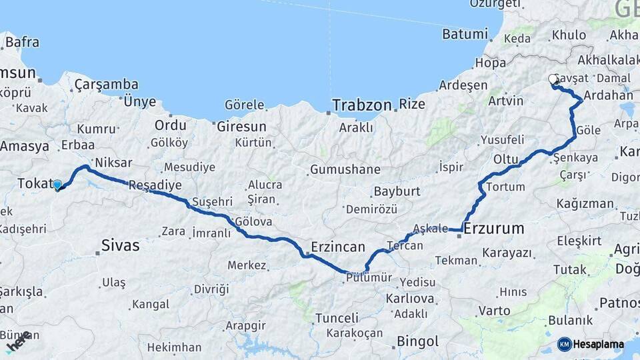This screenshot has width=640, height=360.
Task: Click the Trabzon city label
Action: pos(361,105)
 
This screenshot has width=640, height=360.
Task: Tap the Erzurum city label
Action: pos(493,229)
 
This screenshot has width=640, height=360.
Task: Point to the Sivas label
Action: pos(120,245)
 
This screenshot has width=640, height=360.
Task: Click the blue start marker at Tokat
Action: pos(57,185)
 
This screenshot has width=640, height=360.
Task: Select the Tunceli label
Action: pos(336,317)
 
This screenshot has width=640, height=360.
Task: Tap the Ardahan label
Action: pos(607,95)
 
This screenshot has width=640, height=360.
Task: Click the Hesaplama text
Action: pos(599,345)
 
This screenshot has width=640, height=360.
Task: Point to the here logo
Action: pos(18,342)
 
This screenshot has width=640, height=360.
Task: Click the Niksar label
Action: pos(113,162)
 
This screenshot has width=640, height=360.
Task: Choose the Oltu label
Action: pos(506,159)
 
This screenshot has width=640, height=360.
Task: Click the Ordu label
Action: pos(170,125)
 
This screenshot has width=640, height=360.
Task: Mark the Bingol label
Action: pos(417,341)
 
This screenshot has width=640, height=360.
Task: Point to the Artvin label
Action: pos(505,101)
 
